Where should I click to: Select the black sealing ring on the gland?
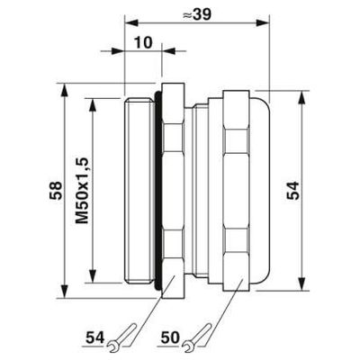(160, 190)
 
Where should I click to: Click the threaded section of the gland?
(139, 190)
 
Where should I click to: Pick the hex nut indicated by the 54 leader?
(175, 190)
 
